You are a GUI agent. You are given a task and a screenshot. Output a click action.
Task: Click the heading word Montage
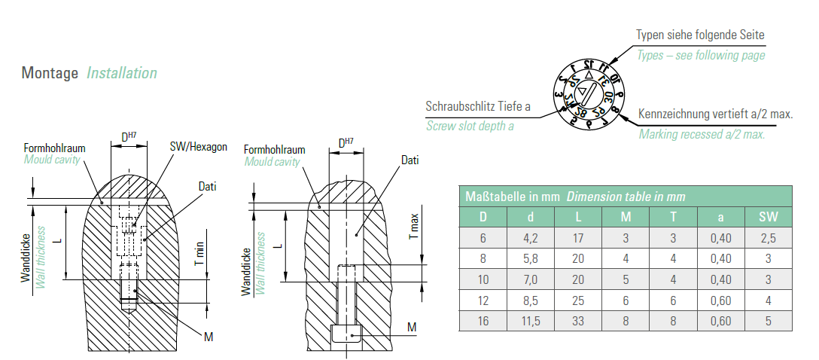coord(50,73)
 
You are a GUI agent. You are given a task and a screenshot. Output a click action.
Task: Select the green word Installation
coord(122,73)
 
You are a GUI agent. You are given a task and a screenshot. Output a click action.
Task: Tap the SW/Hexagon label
coord(198,147)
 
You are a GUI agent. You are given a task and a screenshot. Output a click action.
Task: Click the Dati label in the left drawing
coord(207,186)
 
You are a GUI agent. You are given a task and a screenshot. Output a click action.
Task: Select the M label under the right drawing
coord(412,326)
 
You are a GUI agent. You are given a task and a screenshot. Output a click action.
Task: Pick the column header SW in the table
coord(768,217)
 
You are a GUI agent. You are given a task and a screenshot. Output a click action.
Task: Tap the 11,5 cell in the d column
coord(531,322)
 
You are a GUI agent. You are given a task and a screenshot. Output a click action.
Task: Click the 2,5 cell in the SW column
coord(768,238)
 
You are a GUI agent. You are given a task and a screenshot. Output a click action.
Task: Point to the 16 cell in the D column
coord(483,322)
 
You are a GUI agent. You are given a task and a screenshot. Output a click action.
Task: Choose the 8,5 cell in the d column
coord(531,301)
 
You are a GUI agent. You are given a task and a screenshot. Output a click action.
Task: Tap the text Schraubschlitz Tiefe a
coord(478,106)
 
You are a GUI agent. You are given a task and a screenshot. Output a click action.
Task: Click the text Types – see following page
coord(701,55)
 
